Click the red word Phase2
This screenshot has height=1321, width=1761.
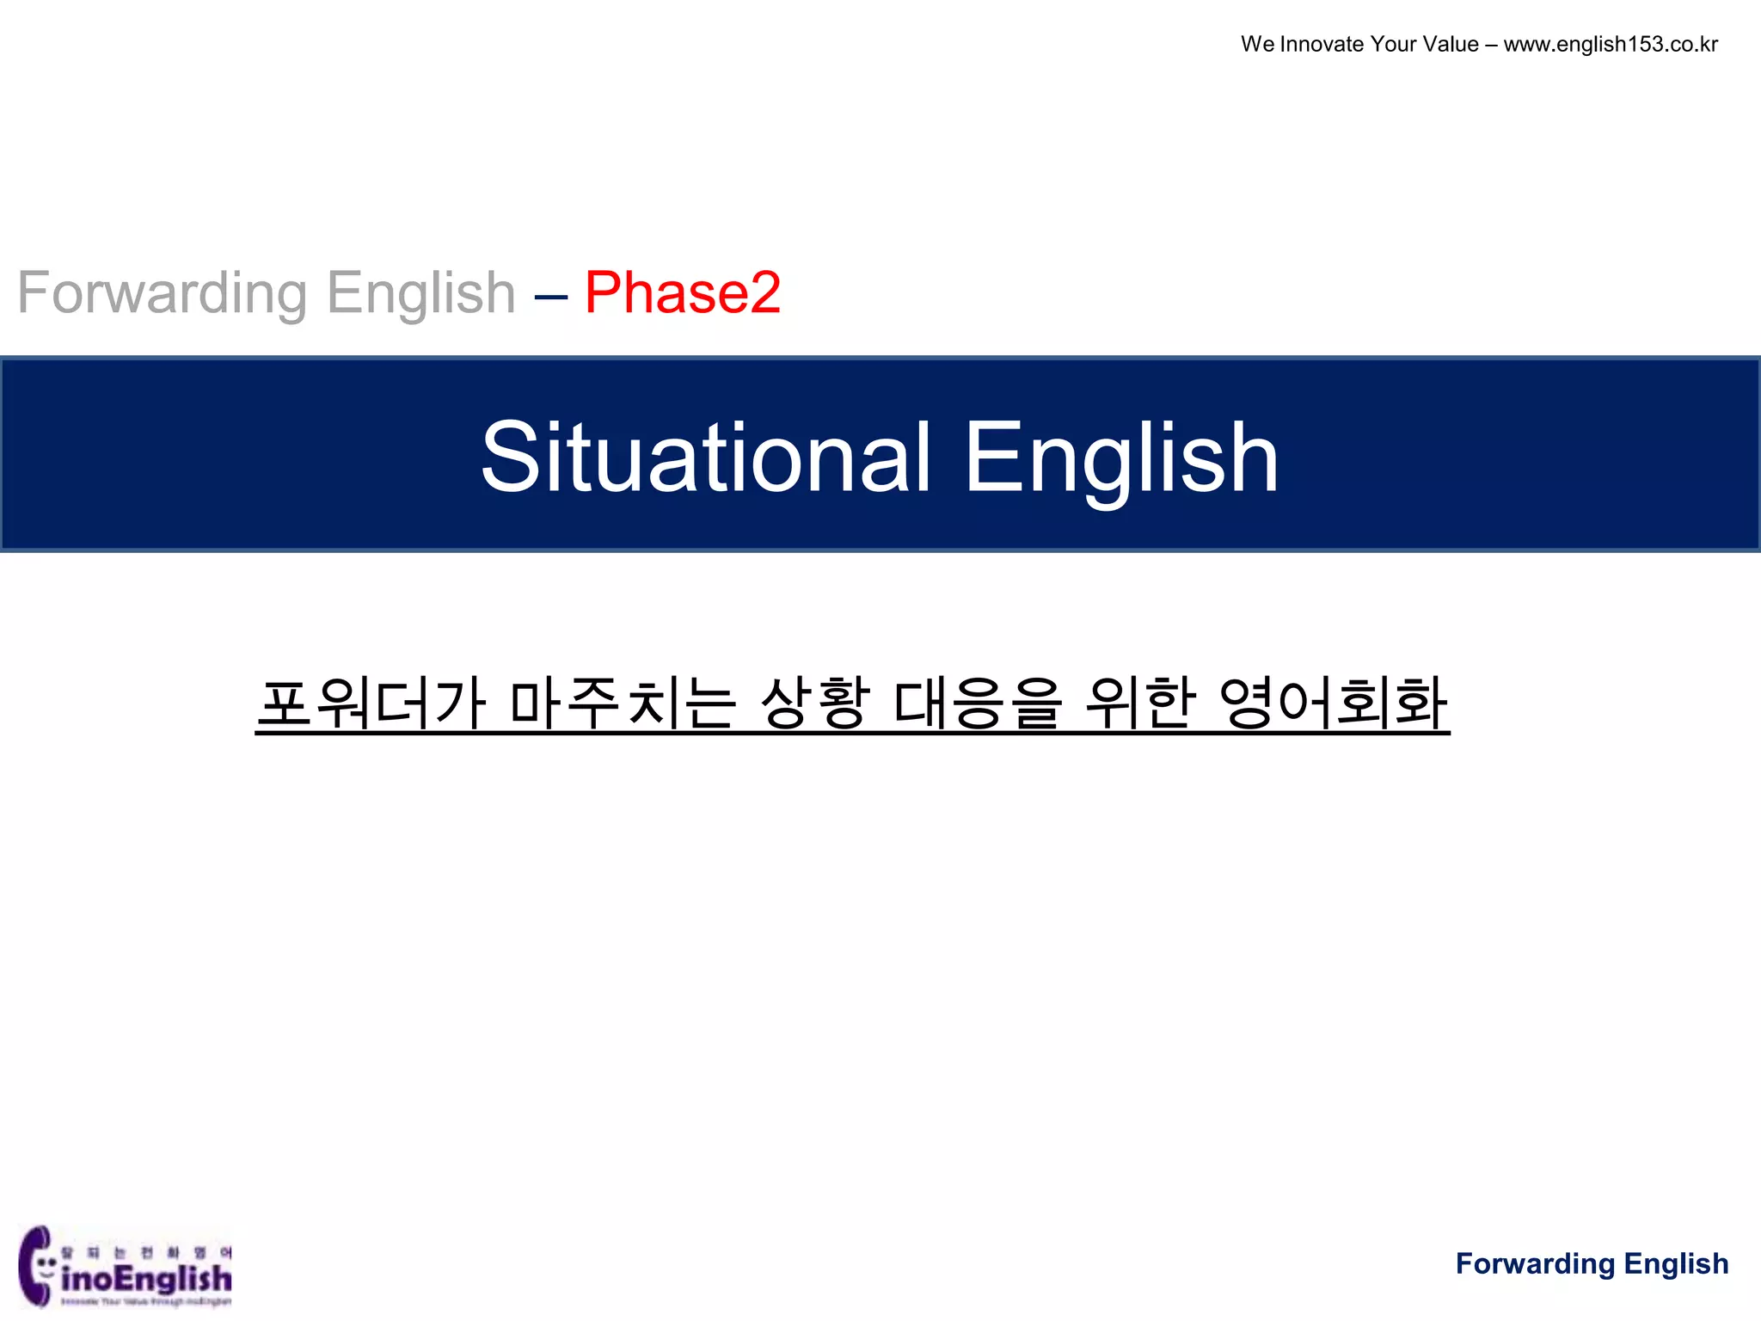683,293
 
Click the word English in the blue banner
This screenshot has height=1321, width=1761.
1120,458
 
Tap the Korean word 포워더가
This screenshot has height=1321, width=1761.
371,704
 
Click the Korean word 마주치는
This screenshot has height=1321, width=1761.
622,704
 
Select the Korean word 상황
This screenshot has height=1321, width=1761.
815,704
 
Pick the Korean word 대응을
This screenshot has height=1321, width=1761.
978,704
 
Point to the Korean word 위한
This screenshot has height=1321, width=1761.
1140,704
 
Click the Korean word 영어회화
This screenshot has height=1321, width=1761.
1334,704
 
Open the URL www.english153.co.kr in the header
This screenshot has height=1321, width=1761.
1611,45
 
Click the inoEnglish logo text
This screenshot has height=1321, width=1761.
147,1278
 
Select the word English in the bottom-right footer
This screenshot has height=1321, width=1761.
1677,1263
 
